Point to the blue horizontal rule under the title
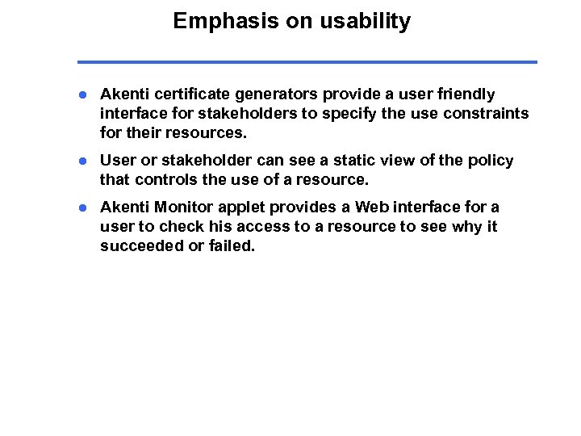point(307,61)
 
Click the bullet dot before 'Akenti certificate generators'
point(82,94)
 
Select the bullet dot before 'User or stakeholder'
point(82,161)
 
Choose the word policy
point(491,161)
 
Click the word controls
point(167,178)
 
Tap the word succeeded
point(140,245)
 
